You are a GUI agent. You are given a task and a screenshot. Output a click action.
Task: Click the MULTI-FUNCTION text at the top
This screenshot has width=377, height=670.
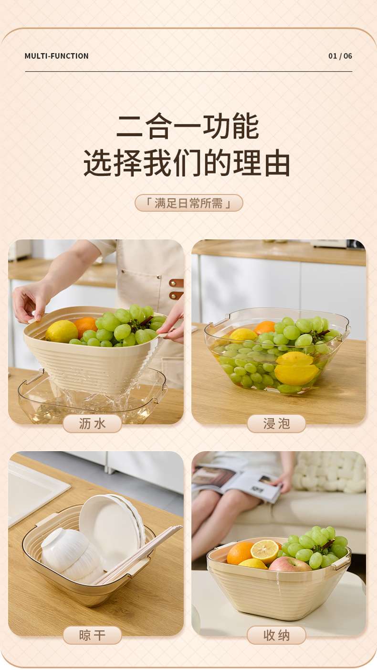click(56, 56)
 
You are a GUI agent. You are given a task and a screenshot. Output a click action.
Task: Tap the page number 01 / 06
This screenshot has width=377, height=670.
click(340, 56)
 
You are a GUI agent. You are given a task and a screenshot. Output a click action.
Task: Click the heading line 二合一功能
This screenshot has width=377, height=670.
click(188, 126)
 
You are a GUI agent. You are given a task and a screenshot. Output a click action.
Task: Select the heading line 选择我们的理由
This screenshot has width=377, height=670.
click(187, 163)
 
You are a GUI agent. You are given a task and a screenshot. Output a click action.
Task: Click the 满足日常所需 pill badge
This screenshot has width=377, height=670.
click(189, 203)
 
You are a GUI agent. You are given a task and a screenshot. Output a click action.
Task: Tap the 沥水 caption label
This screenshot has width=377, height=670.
click(92, 423)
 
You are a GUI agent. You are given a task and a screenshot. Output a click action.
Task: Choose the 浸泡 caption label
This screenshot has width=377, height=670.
click(276, 423)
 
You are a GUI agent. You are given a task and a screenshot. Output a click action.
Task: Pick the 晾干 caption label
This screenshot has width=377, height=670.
click(92, 635)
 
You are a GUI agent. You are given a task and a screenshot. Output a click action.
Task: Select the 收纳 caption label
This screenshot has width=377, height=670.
click(276, 635)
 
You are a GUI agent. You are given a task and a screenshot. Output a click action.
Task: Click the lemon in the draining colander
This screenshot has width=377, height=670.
click(62, 331)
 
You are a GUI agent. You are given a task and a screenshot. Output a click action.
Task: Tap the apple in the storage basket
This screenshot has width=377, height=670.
click(290, 566)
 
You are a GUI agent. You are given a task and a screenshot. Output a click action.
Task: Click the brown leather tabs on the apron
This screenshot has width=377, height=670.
click(176, 289)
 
